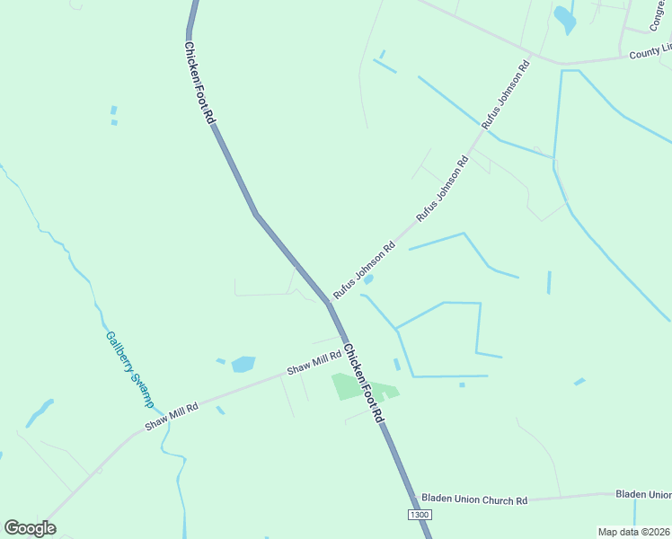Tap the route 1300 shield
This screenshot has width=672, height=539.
click(420, 515)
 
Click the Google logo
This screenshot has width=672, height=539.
click(30, 528)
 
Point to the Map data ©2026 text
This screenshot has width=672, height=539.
click(634, 532)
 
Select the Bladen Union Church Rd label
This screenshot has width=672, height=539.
click(474, 499)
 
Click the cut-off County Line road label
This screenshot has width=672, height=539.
click(650, 52)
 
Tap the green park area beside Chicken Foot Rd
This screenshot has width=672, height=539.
click(355, 388)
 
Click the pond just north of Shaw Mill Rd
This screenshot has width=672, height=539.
click(243, 364)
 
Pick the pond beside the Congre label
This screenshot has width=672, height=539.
click(564, 18)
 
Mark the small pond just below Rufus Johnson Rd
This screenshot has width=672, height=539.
click(367, 280)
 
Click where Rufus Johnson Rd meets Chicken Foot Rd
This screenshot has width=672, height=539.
click(328, 302)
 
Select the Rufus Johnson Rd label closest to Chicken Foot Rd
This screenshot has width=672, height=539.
click(364, 270)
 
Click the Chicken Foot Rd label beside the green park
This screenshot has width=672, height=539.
click(364, 387)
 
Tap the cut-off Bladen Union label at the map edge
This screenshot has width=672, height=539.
click(643, 494)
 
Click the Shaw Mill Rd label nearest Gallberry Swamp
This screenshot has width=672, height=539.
click(172, 415)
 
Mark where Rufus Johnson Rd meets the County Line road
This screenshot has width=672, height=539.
click(530, 58)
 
